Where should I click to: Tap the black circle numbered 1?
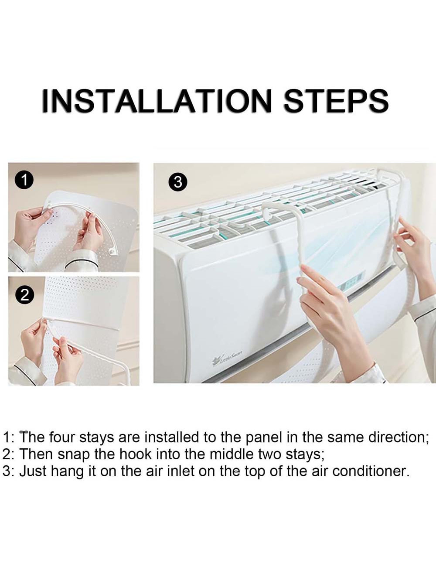click(x=24, y=180)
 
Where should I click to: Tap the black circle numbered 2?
click(x=24, y=295)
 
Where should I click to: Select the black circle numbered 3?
click(x=178, y=181)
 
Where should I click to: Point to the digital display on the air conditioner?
click(x=354, y=281)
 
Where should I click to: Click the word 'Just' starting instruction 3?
click(x=33, y=471)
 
